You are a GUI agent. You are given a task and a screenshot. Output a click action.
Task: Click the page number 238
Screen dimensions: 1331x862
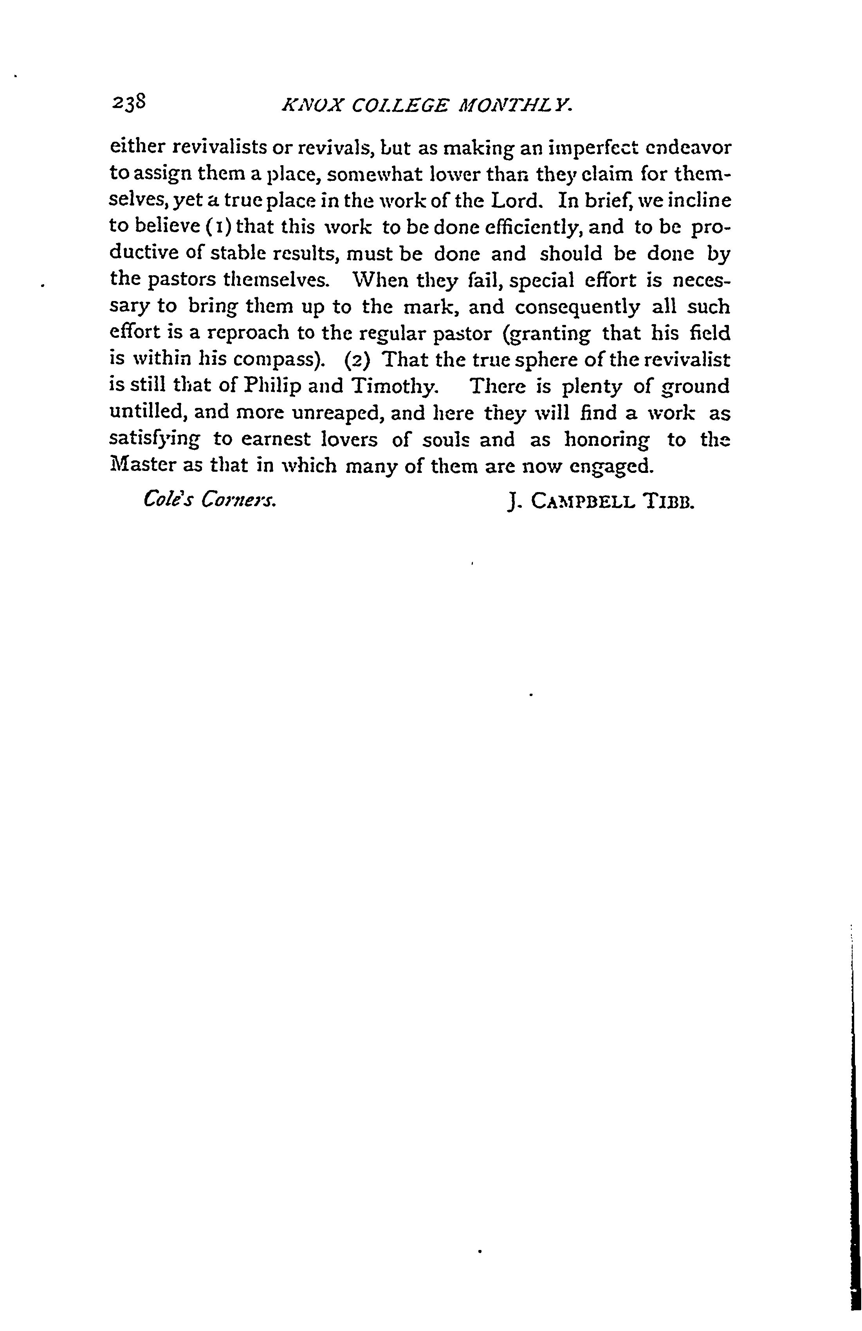[x=129, y=102]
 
